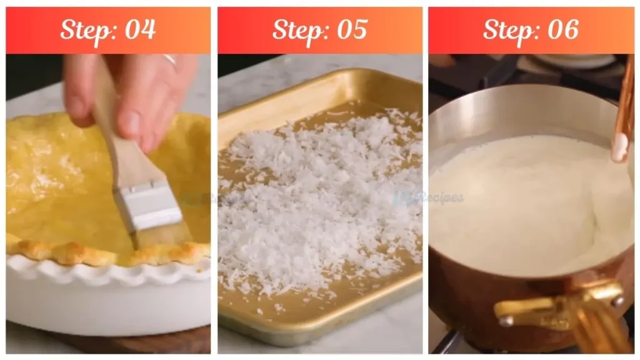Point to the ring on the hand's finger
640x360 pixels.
tap(170, 59)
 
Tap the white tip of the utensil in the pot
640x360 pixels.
tap(619, 147)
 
